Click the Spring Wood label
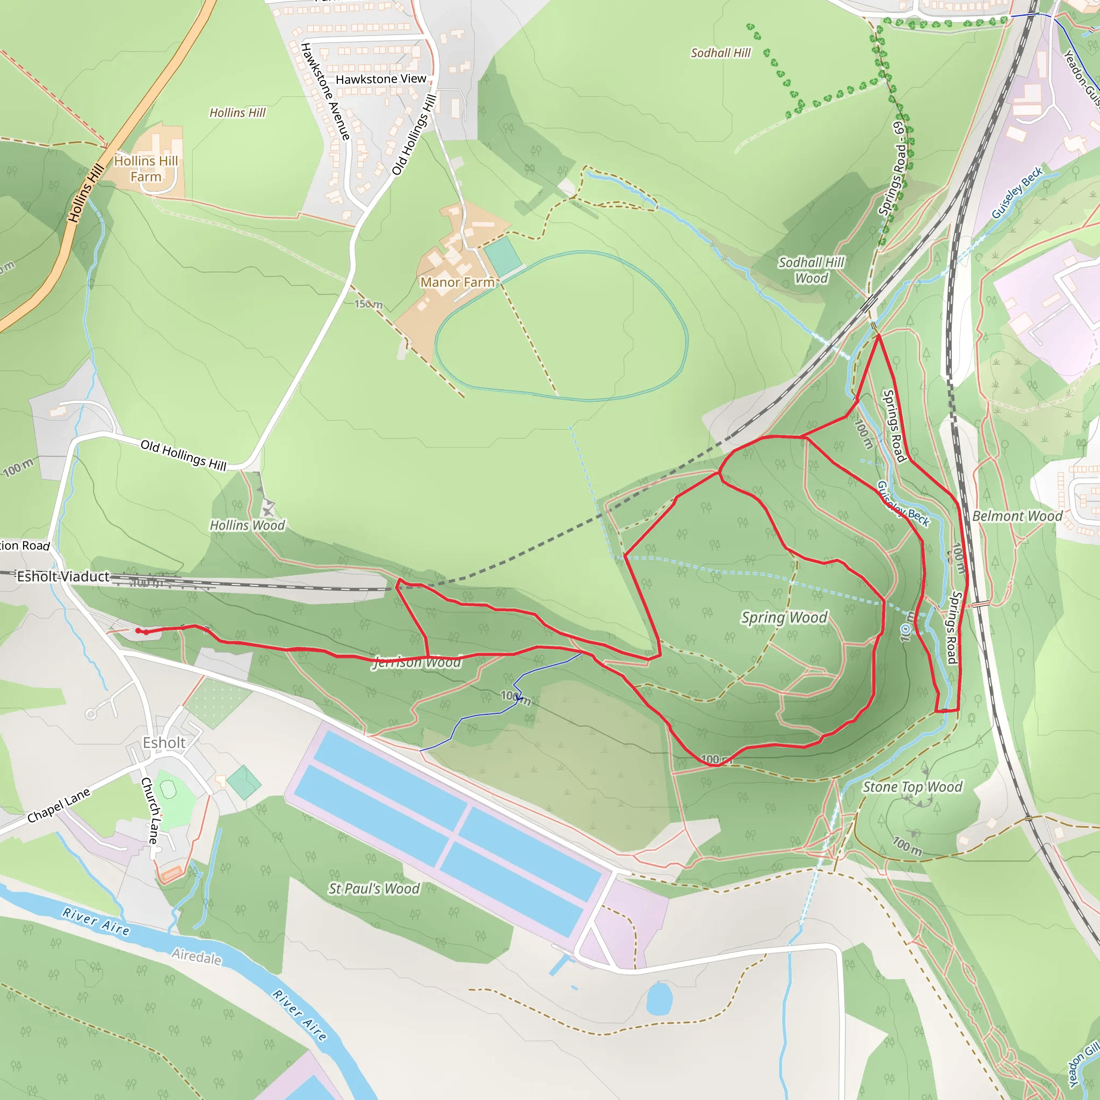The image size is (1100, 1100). [x=784, y=618]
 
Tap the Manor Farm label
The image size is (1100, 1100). [x=457, y=283]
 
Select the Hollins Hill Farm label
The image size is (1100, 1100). [x=146, y=169]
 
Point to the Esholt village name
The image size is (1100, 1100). [x=164, y=743]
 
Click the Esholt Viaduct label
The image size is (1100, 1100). [x=63, y=577]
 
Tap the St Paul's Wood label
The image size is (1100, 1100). [x=373, y=889]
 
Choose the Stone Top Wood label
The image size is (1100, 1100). [x=912, y=787]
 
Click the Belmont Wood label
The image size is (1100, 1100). [x=1017, y=516]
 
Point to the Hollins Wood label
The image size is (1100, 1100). [x=247, y=525]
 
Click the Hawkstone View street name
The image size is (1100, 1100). [x=381, y=79]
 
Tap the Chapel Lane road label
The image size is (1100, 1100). [x=59, y=805]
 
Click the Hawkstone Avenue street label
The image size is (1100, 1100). [x=325, y=91]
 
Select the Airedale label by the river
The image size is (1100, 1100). [x=197, y=956]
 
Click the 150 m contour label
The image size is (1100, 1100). [x=368, y=304]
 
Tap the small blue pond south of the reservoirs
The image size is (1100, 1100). [x=660, y=998]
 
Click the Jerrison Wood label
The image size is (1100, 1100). [x=417, y=662]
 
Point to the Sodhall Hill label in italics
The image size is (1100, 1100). [x=720, y=53]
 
